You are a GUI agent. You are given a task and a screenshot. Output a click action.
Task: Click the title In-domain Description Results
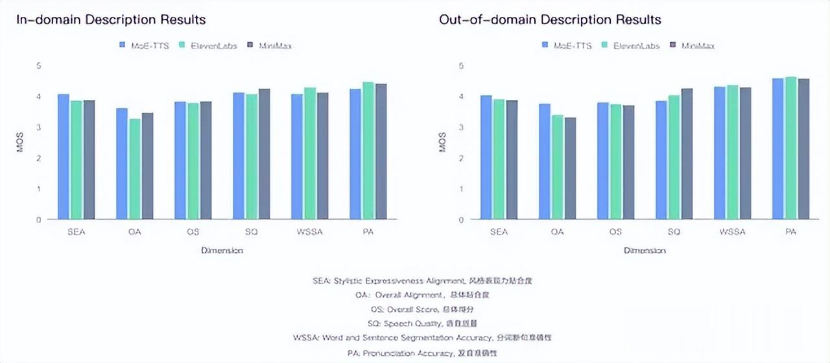coord(111,19)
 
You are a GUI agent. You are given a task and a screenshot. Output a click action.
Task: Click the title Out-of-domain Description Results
coord(550,19)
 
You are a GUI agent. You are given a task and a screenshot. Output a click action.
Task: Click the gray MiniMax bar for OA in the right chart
coord(571,168)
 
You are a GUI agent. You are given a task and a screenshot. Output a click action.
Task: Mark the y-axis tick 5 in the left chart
coord(38,65)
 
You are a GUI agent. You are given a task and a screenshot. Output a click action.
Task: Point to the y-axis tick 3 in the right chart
coord(461,127)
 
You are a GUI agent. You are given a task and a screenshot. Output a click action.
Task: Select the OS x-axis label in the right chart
coord(615,231)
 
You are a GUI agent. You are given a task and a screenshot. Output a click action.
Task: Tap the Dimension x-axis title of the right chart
coord(645,250)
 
